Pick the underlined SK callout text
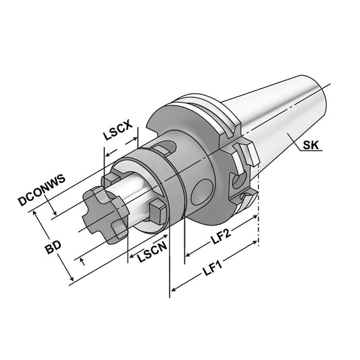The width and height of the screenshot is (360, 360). (x=312, y=145)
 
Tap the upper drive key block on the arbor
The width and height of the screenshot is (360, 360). (x=111, y=180)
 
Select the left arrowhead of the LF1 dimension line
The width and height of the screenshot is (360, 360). (x=173, y=290)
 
